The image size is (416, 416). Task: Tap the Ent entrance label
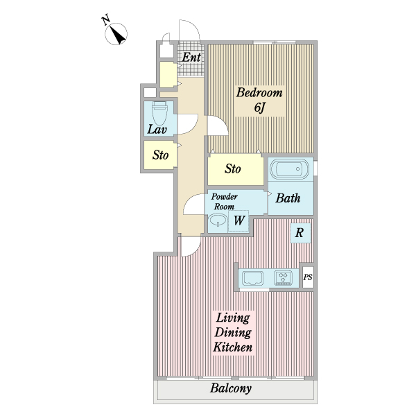coord(191,57)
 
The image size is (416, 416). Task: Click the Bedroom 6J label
coord(259,100)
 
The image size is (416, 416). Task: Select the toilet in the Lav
coord(159,114)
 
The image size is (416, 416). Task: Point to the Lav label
coord(157,130)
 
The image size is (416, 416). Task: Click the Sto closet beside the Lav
coord(160,155)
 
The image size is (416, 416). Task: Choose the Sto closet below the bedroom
coord(236,170)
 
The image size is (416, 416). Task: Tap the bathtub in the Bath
coord(289,169)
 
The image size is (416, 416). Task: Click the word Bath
coord(288,198)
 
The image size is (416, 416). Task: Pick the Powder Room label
coord(224,202)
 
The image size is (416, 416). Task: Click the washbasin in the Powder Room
coord(218,220)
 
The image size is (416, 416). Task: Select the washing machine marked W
coord(239,220)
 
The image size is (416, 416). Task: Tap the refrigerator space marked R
coord(300,233)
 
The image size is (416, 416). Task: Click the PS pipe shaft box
coord(308,277)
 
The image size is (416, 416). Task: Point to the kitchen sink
coord(253,278)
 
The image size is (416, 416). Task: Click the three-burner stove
coord(284,278)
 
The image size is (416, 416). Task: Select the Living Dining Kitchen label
coord(233,332)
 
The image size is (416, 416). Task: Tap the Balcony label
coord(231,388)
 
